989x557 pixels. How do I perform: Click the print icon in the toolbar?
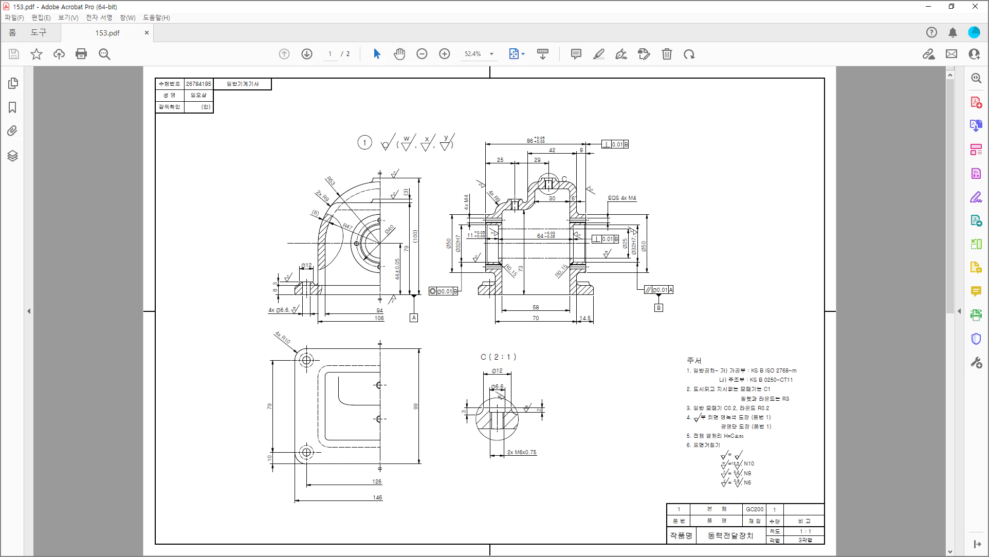(81, 54)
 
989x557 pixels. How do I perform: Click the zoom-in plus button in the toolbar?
(445, 54)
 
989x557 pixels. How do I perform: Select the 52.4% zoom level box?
(473, 54)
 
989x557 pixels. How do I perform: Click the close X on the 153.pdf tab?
(146, 33)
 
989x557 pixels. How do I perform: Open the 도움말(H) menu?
(156, 17)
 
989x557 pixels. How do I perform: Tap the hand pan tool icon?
(399, 54)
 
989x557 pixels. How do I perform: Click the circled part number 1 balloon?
(364, 143)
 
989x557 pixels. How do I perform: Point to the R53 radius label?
(331, 181)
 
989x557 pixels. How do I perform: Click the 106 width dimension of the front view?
(379, 318)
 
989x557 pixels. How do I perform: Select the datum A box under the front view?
(414, 318)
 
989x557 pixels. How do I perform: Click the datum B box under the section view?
(658, 308)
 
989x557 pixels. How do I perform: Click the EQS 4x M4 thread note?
(622, 198)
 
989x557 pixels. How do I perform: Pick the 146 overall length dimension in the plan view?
(377, 497)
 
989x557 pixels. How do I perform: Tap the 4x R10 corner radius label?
(282, 338)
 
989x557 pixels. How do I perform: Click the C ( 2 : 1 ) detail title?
(498, 357)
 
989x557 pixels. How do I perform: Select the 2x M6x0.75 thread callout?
(521, 452)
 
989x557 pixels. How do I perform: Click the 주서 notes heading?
(694, 360)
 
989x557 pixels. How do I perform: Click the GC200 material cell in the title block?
(755, 509)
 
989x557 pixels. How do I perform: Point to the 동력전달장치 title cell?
(730, 536)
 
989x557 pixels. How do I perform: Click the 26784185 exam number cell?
(198, 84)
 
